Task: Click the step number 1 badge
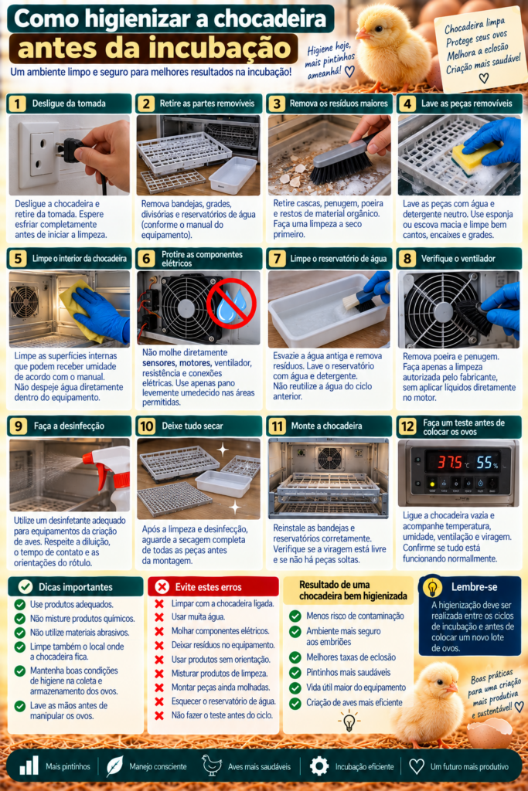pyautogui.click(x=17, y=104)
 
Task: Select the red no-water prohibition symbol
pyautogui.click(x=232, y=304)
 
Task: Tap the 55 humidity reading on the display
pyautogui.click(x=485, y=462)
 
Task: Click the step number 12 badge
pyautogui.click(x=407, y=426)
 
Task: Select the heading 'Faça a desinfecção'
pyautogui.click(x=69, y=426)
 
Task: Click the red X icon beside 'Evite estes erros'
pyautogui.click(x=162, y=587)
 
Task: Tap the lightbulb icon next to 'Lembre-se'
pyautogui.click(x=433, y=588)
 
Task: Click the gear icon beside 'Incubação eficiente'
pyautogui.click(x=319, y=766)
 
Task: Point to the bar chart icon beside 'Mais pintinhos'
pyautogui.click(x=29, y=766)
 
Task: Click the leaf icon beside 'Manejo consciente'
pyautogui.click(x=114, y=766)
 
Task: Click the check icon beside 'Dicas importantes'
pyautogui.click(x=26, y=587)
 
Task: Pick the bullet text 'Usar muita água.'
pyautogui.click(x=199, y=617)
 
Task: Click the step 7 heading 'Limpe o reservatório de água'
pyautogui.click(x=338, y=259)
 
